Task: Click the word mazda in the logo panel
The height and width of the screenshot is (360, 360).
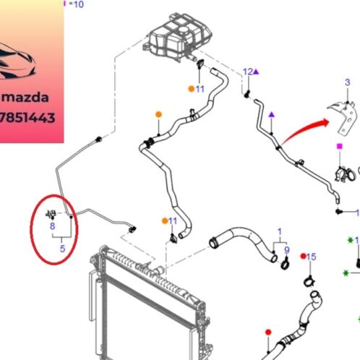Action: [25, 98]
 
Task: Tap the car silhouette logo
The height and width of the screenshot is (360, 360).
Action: [17, 61]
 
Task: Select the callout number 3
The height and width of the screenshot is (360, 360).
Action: [347, 82]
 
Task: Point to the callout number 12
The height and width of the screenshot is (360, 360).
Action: [248, 72]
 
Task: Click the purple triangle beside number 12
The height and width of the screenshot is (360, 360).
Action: [256, 72]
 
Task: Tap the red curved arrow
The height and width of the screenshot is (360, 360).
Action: [305, 132]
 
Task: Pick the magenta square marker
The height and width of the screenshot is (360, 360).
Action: [340, 146]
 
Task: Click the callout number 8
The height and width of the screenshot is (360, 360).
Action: [52, 226]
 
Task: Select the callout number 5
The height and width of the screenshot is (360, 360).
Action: [62, 249]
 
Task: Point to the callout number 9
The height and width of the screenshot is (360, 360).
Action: [287, 250]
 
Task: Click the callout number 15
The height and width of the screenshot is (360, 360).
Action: [312, 257]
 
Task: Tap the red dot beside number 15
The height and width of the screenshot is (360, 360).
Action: [304, 256]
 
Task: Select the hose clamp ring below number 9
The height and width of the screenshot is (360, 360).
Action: [285, 265]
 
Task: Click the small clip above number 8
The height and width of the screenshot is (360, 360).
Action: [51, 214]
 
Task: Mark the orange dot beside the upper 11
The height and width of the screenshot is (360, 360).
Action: [192, 89]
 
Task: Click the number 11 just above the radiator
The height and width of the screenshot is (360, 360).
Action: [173, 220]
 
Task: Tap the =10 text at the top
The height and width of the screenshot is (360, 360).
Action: [76, 4]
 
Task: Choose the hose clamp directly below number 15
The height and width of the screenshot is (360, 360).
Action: [309, 281]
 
